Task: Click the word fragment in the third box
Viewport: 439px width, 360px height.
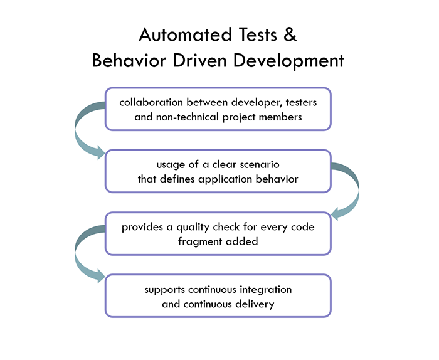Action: (199, 241)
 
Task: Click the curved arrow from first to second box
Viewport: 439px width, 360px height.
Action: (85, 129)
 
